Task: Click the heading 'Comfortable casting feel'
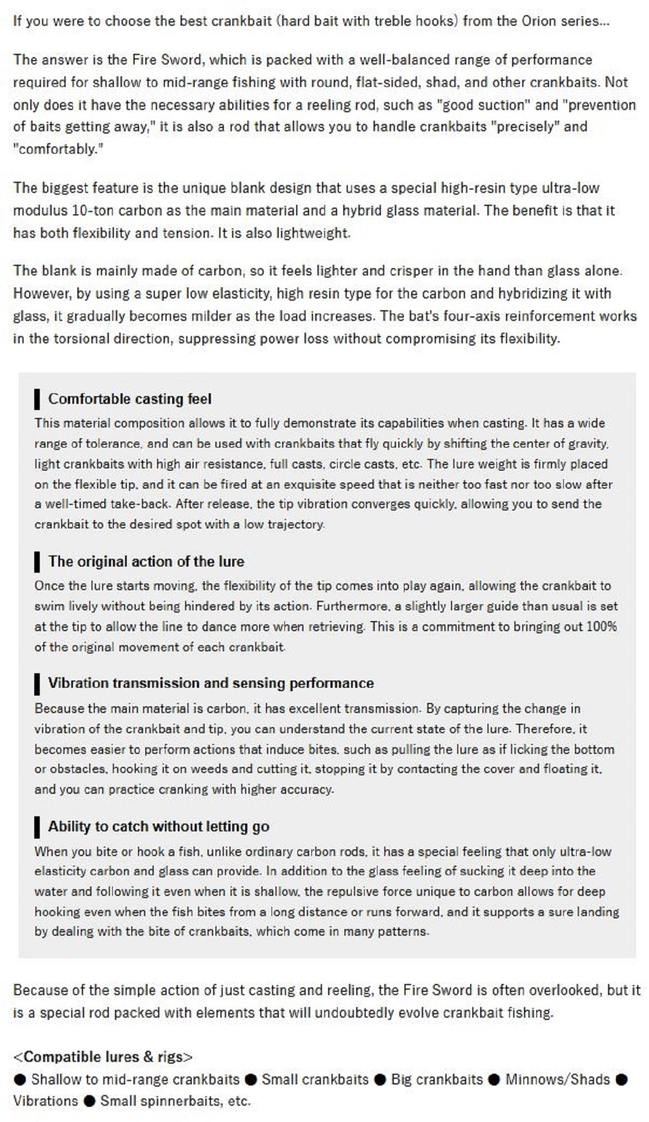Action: (x=130, y=399)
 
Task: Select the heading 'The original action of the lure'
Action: (x=146, y=562)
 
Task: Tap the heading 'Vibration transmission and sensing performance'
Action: (x=210, y=683)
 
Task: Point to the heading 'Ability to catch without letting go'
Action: (x=158, y=826)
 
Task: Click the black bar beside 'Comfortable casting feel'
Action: (x=37, y=399)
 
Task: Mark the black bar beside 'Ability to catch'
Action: (x=37, y=827)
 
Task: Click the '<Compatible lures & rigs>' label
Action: (x=103, y=1057)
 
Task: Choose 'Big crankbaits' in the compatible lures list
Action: (x=436, y=1079)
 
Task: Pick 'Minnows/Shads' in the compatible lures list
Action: (x=557, y=1079)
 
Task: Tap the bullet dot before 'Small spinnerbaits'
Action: (x=89, y=1101)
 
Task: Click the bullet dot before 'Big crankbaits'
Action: (x=380, y=1080)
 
